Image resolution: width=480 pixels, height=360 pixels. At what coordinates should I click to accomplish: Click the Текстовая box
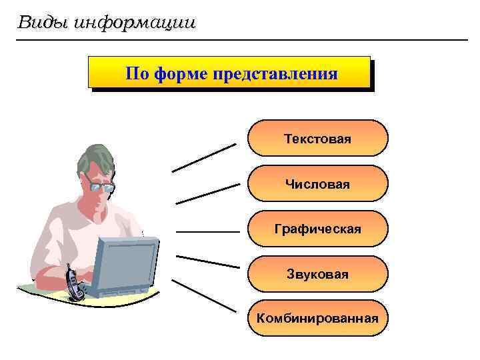[x=317, y=139]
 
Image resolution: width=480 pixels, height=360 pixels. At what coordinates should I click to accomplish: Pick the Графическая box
[x=317, y=229]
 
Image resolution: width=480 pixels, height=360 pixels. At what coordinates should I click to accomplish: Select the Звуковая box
[x=317, y=274]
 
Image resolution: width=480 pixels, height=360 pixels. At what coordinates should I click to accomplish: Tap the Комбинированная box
[x=317, y=318]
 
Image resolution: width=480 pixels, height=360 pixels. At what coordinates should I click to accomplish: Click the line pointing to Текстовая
[x=204, y=157]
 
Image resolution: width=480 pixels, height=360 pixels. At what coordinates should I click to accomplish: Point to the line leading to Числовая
[x=207, y=193]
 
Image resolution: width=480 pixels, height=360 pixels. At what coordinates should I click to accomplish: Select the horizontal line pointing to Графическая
[x=207, y=232]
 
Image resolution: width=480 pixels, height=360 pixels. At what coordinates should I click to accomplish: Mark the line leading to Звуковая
[x=207, y=261]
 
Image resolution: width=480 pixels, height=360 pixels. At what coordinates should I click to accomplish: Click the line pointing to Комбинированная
[x=204, y=295]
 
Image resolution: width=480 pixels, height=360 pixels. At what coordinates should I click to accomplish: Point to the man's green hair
[x=93, y=158]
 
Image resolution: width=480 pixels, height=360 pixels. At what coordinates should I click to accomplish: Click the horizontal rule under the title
[x=240, y=40]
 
